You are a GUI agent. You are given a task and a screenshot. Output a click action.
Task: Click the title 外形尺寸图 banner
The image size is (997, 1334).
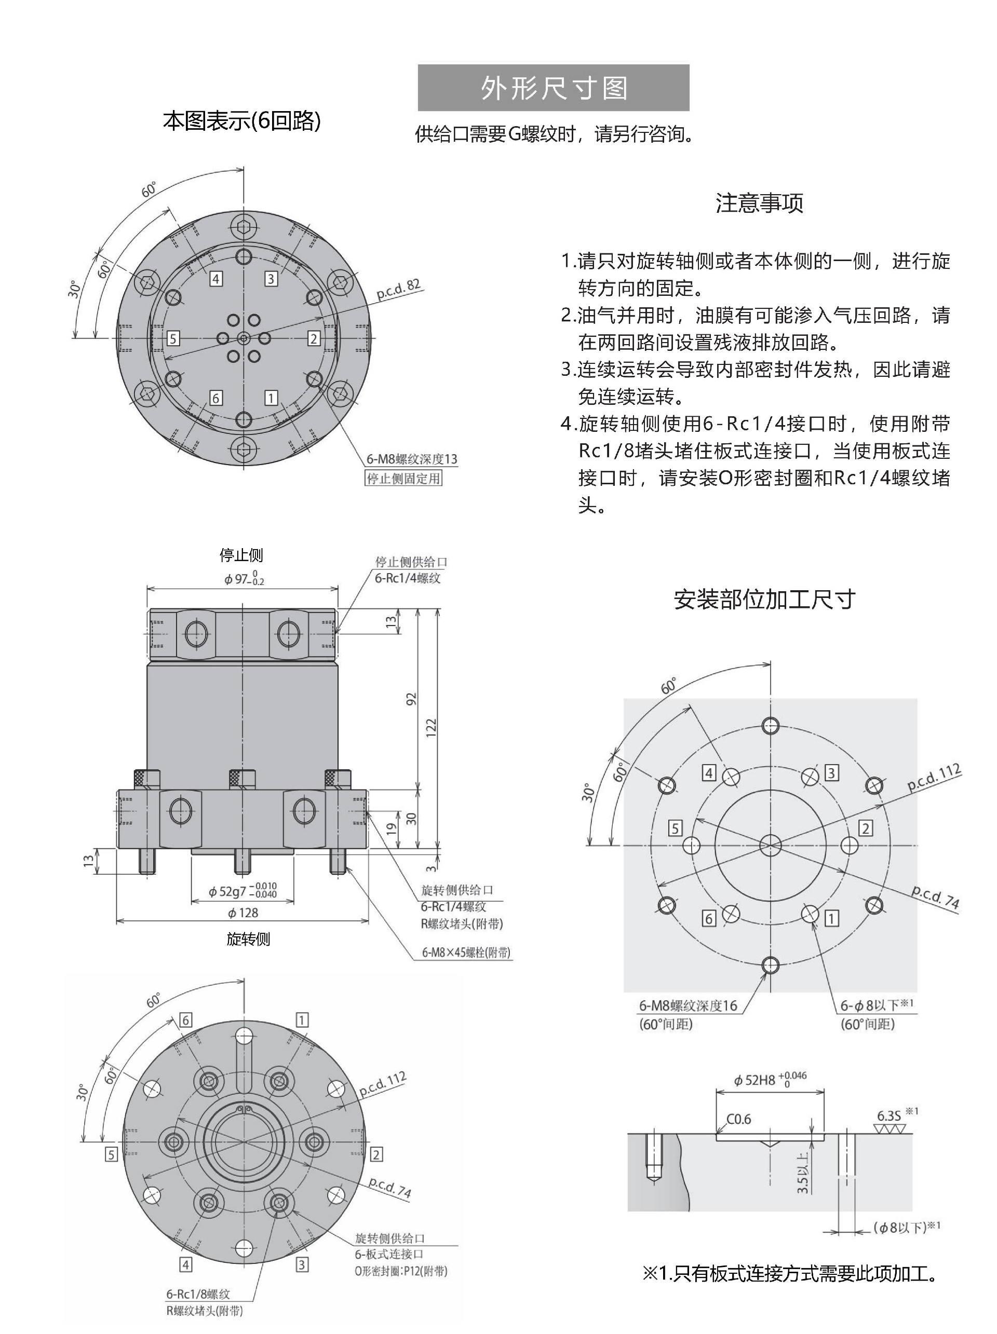(x=553, y=88)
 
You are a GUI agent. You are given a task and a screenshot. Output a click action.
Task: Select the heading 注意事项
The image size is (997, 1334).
(x=759, y=203)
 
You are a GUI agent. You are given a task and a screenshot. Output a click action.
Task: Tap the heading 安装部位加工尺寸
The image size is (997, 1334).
(x=764, y=600)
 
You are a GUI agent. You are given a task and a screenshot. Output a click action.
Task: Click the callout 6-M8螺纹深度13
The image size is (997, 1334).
(x=411, y=459)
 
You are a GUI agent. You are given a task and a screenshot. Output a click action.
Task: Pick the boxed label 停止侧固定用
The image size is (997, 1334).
(x=403, y=479)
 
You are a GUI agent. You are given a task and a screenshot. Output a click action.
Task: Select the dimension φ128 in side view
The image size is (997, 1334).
(x=243, y=913)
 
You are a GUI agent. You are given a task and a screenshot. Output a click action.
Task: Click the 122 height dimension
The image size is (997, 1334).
(x=430, y=728)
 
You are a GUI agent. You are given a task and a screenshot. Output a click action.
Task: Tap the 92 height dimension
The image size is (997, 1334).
(x=411, y=699)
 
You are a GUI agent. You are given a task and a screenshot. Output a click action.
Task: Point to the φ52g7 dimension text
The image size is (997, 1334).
(x=242, y=891)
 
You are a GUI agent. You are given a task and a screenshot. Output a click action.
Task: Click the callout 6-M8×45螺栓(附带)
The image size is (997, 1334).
(x=466, y=953)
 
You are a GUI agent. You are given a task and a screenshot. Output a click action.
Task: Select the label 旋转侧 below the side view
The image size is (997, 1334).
(x=248, y=939)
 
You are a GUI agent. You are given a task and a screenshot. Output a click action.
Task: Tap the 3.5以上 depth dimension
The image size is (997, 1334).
(x=802, y=1174)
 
